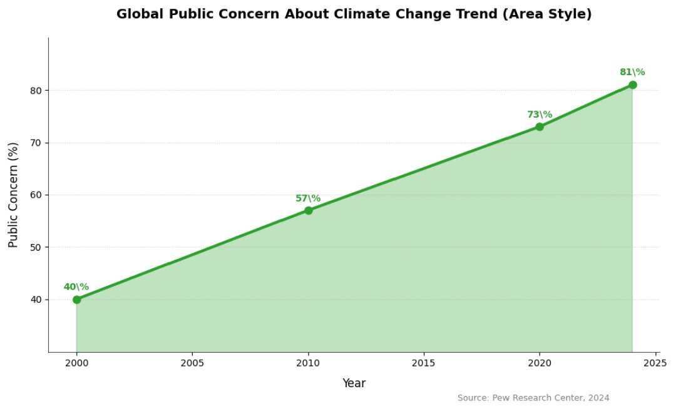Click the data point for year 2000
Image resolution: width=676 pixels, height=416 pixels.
pos(76,300)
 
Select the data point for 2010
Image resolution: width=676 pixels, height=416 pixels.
pos(309,210)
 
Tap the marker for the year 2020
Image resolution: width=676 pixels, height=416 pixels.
pos(540,127)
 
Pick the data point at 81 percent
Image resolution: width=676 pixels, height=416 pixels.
pos(633,84)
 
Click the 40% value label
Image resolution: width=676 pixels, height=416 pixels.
pos(76,287)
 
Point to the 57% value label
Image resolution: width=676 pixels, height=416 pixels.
pos(308,198)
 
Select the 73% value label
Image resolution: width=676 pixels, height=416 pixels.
pos(540,114)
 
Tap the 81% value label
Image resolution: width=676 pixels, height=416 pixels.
pos(632,72)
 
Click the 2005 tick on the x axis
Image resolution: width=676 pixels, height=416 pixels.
pos(192,363)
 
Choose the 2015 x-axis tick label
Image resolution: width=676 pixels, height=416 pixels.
pos(424,363)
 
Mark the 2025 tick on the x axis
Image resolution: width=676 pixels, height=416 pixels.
pos(655,363)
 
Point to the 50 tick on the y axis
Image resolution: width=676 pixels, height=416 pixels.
pos(36,247)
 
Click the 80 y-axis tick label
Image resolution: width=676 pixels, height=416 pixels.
pos(36,90)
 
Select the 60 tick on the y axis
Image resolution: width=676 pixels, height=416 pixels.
pos(36,195)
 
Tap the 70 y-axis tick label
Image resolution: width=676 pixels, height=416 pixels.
pos(36,143)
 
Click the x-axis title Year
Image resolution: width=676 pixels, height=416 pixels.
pos(354,383)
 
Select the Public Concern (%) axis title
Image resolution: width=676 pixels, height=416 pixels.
pos(14,195)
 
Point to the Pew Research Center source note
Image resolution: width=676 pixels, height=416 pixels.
pos(533,398)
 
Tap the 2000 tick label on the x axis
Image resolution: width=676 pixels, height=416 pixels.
pos(76,363)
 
